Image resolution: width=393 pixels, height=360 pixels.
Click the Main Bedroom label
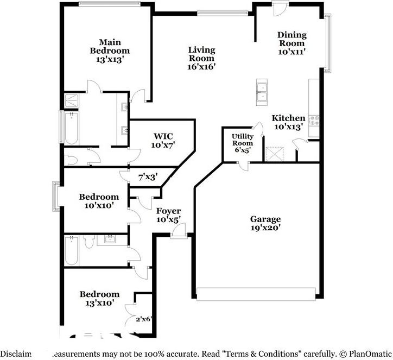[x=110, y=51]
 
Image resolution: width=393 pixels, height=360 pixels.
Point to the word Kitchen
[x=288, y=118]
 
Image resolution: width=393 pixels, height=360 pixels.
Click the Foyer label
[x=168, y=214]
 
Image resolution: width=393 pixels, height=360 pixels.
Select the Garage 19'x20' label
[x=265, y=223]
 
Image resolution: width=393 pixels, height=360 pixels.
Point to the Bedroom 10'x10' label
[x=98, y=201]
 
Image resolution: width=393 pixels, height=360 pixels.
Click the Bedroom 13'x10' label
[x=99, y=298]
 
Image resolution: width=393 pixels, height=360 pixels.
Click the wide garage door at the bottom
[x=257, y=294]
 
